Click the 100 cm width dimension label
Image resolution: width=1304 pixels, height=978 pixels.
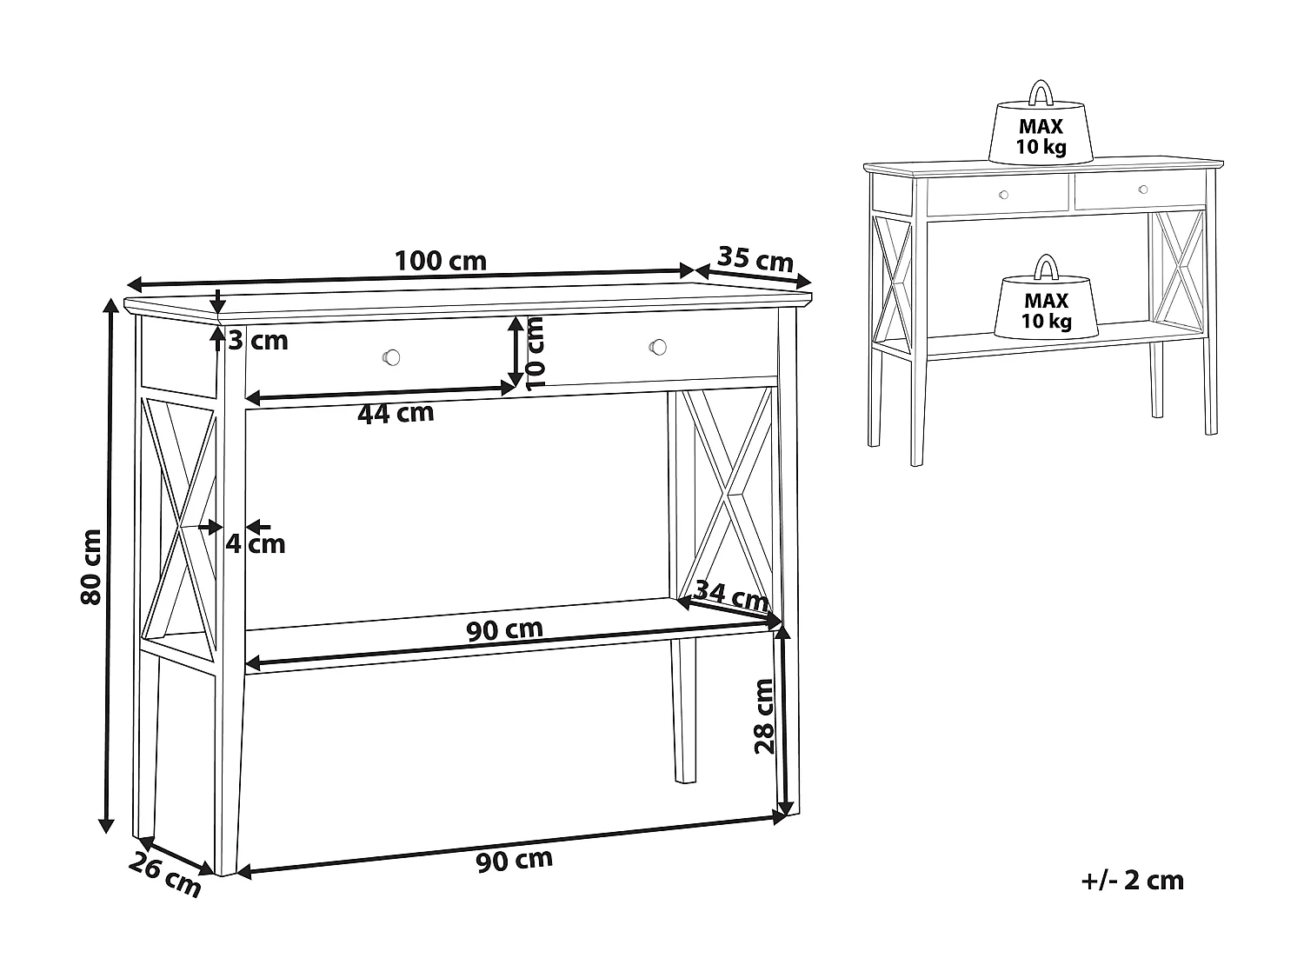tap(440, 261)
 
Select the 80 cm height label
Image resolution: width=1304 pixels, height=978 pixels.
tap(90, 566)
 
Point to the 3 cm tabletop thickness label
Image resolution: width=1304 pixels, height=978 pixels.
tap(257, 340)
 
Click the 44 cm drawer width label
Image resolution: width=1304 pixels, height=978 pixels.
tap(396, 413)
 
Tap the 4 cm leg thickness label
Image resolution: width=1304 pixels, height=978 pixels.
tap(256, 544)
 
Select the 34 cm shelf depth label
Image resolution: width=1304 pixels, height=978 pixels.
tap(732, 597)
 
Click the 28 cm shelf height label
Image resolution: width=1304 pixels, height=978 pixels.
tap(763, 715)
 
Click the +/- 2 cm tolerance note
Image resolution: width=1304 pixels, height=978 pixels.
tap(1132, 881)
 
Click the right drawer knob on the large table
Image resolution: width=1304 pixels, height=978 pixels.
tap(658, 347)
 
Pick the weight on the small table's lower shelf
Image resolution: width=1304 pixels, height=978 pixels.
tap(1046, 304)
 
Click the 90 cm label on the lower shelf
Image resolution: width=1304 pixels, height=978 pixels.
tap(504, 629)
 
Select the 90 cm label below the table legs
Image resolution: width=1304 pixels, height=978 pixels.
tap(514, 860)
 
